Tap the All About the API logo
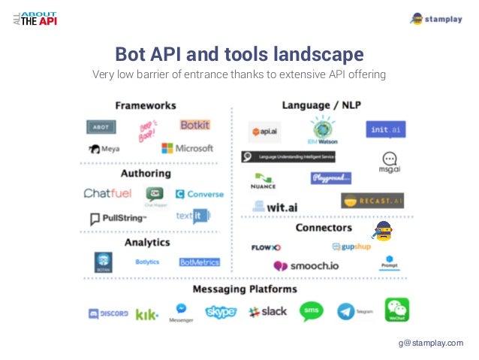point(35,17)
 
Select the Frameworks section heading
point(146,105)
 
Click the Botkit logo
point(194,125)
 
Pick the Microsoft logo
point(187,148)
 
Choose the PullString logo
point(118,219)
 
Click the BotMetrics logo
point(199,262)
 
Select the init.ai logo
point(386,130)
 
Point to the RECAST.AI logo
point(372,201)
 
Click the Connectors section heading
point(324,227)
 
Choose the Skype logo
point(221,311)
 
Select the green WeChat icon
point(397,309)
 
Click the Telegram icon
point(347,311)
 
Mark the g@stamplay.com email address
point(431,343)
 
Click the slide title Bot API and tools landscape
point(239,54)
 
